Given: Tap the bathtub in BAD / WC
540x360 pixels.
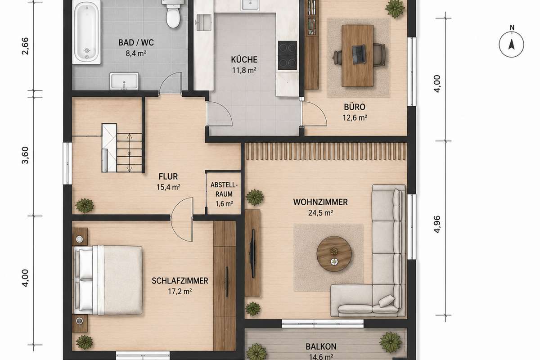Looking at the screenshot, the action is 86,32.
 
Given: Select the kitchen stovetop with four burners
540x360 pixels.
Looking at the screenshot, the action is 288,55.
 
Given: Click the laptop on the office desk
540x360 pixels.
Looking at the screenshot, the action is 359,55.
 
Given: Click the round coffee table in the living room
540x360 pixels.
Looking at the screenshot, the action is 334,254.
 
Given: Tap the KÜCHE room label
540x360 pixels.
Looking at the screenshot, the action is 244,59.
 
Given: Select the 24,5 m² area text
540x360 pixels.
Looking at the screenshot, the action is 320,213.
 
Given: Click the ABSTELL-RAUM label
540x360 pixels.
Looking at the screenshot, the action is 224,189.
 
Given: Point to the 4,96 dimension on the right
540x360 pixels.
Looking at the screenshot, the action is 437,225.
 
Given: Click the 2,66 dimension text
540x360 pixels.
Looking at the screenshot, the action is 25,46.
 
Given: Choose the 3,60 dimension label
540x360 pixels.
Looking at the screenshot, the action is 25,155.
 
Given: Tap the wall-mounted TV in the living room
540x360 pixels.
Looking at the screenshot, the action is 252,253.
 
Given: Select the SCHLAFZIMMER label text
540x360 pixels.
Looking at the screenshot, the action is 180,281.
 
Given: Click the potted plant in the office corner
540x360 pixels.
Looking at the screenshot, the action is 394,9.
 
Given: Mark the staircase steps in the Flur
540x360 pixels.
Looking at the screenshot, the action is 129,153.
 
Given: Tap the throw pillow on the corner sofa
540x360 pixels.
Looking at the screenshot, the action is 387,301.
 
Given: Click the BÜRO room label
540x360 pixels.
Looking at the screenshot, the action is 355,107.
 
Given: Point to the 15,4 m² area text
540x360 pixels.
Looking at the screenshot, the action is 168,187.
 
